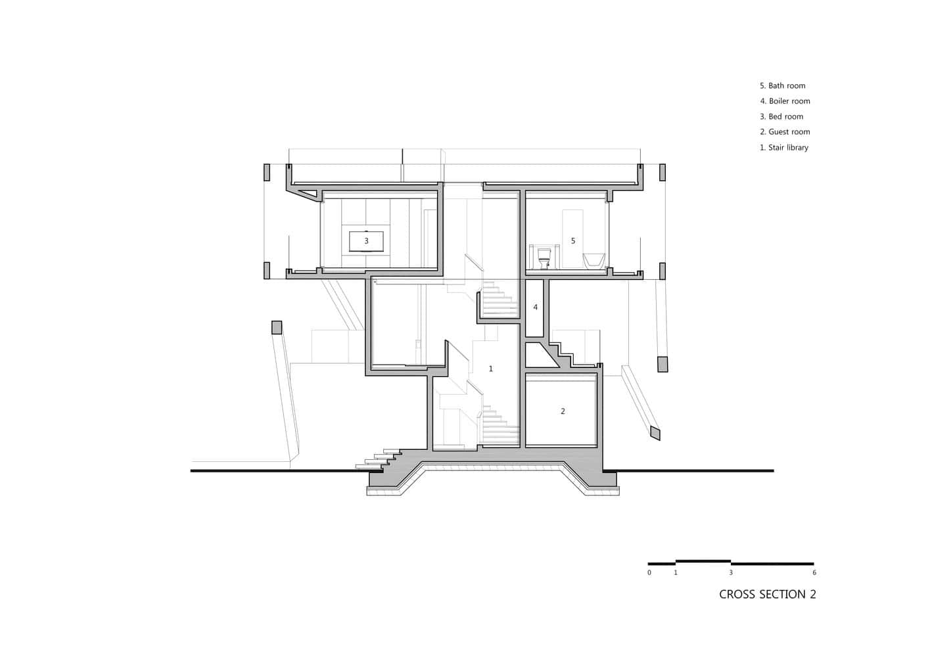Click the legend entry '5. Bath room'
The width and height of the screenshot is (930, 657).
(x=782, y=86)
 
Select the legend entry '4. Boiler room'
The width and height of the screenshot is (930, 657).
(x=785, y=101)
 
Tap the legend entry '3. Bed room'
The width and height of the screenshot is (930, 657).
(x=781, y=117)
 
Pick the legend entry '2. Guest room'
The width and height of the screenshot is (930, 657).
(x=785, y=132)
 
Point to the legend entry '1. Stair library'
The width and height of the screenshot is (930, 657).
(x=784, y=148)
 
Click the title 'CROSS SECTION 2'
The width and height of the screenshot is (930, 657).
(x=767, y=595)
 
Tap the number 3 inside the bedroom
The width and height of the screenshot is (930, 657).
(x=367, y=241)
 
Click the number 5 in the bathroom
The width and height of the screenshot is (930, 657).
(x=573, y=241)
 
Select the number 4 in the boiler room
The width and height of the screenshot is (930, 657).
(x=535, y=307)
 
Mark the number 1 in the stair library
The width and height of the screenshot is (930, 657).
(x=491, y=369)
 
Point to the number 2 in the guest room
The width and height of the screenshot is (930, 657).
(x=563, y=412)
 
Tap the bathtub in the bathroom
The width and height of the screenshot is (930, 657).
(x=595, y=261)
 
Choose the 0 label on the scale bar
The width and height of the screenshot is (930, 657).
(x=649, y=573)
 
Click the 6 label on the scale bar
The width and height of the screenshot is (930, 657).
(x=814, y=573)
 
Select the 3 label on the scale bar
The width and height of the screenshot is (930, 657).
(x=731, y=573)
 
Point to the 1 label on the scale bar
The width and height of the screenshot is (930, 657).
(x=676, y=573)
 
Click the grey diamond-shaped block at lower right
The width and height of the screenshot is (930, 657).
(x=655, y=432)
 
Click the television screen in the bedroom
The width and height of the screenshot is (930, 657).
(x=367, y=240)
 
